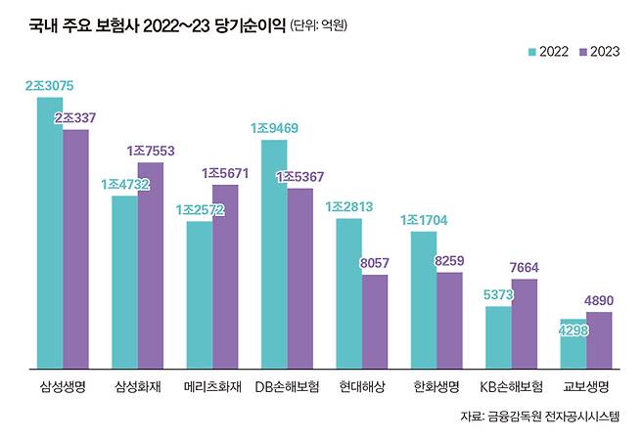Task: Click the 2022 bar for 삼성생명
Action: coord(50,233)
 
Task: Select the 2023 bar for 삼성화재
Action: coord(150,265)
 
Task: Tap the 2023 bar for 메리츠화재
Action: coord(225,276)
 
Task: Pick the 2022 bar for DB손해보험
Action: coord(274,254)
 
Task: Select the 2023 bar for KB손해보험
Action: coord(525,324)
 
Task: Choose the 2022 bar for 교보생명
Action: coord(574,344)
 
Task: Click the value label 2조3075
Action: coord(50,86)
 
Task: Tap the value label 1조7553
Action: coord(151,152)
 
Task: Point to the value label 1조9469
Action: coord(275,128)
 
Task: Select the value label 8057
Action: coord(375,263)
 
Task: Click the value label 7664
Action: coord(525,267)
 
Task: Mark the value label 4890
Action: coord(599,300)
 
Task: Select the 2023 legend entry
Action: coord(599,51)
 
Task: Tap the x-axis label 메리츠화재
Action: coord(212,386)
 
